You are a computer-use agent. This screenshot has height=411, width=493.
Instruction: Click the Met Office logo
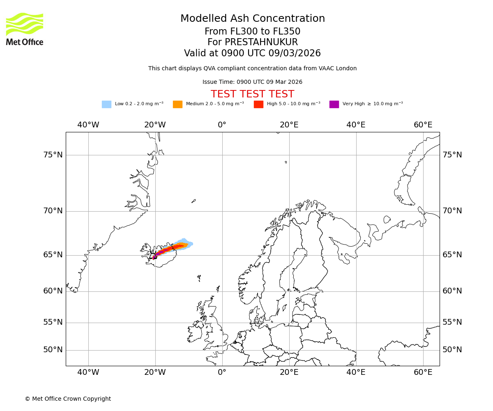coord(25,29)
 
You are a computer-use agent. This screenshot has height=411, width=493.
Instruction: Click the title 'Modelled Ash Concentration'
coord(253,19)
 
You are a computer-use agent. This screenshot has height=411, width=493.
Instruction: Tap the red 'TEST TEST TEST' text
coord(253,94)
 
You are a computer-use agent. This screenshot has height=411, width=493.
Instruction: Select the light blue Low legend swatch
coord(106,104)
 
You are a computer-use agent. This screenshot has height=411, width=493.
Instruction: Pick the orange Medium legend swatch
coord(177,104)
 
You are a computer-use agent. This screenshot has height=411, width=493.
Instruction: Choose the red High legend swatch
coord(258,104)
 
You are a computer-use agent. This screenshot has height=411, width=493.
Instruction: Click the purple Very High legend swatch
coord(334,104)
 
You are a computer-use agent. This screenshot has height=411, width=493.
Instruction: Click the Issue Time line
coord(253,82)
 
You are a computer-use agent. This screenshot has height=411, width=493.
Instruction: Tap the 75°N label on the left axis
coord(53,155)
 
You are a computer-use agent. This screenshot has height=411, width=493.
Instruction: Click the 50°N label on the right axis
coord(452,350)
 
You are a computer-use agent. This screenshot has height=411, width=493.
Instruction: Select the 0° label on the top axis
coord(222,125)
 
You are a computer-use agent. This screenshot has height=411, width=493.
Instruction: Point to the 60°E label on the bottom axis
coord(423,372)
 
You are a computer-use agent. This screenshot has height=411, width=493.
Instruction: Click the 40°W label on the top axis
coord(88,125)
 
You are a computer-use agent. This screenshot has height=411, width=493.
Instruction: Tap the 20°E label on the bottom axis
coord(289,372)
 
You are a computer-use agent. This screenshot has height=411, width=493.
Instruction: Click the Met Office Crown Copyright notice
coord(68,399)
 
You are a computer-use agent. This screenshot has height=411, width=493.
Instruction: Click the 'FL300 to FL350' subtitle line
coord(253,32)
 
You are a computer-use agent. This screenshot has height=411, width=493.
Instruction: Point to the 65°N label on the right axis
coord(452,255)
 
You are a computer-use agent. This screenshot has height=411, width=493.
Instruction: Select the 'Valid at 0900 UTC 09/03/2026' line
coord(253,53)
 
